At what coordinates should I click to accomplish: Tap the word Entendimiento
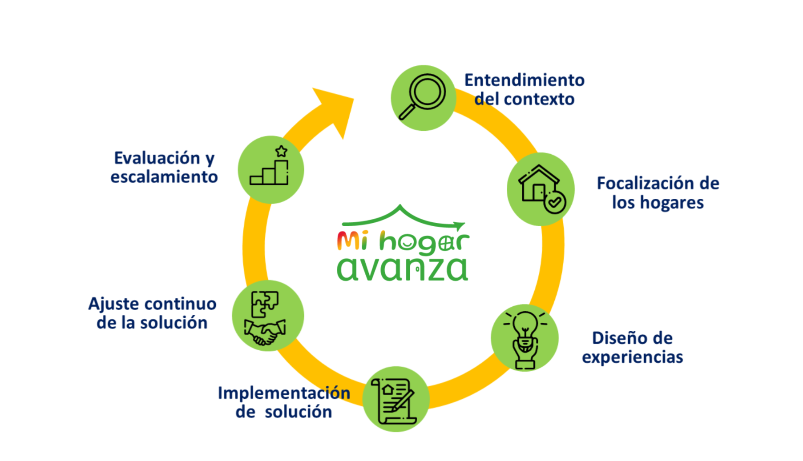coord(525,80)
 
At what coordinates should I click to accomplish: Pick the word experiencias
coord(632,357)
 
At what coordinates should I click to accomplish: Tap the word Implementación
coord(284,393)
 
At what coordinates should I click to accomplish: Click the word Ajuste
coord(114,304)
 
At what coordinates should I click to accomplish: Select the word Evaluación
coord(157,158)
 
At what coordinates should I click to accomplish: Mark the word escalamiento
coord(164,177)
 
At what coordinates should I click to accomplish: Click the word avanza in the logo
coord(402,269)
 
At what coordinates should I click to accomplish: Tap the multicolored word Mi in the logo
coord(352,241)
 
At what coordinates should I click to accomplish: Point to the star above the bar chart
coord(281,151)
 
